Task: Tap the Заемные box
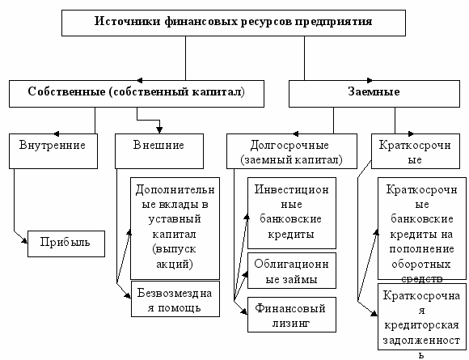(374, 94)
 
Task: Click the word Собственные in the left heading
(66, 91)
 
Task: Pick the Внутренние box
(53, 151)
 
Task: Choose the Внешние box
(159, 151)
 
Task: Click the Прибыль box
(66, 244)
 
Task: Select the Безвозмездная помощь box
(175, 299)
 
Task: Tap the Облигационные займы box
(292, 270)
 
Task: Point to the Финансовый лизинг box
(292, 315)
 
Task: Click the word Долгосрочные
(289, 146)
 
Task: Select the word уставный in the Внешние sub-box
(175, 219)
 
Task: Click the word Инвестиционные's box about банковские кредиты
(292, 213)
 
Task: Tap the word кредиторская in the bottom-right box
(421, 325)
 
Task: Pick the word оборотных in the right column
(421, 265)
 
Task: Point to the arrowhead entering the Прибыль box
(24, 240)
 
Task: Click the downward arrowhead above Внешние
(159, 130)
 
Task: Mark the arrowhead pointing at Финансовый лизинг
(244, 311)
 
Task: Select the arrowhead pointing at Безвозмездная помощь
(128, 295)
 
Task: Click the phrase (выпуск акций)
(175, 256)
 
